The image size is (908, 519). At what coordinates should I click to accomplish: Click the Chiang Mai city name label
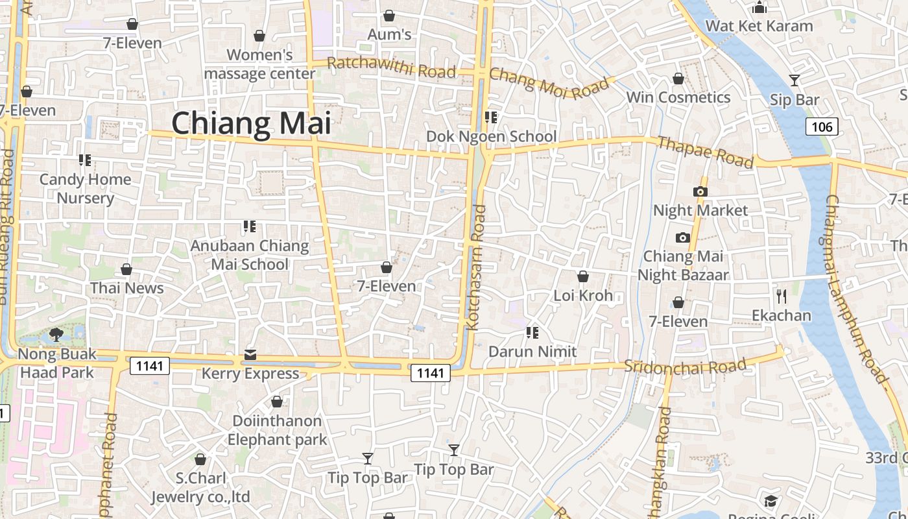[x=251, y=123]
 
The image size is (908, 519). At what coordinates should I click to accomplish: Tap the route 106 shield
[x=822, y=126]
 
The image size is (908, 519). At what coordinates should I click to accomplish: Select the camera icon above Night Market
[x=700, y=191]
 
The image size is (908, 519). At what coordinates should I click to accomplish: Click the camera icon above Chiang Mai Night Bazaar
[x=682, y=237]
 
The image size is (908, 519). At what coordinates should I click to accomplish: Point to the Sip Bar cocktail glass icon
[x=794, y=80]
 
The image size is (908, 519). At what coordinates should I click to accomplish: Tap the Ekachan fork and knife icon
[x=781, y=296]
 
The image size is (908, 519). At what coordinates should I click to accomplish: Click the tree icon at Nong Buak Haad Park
[x=56, y=335]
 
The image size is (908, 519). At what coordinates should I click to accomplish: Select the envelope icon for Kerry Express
[x=250, y=355]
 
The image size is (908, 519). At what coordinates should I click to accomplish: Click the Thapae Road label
[x=705, y=152]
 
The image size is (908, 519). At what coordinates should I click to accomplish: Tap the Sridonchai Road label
[x=685, y=366]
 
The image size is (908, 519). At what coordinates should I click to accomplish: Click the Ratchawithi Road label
[x=391, y=67]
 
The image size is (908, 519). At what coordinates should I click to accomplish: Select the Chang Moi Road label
[x=549, y=83]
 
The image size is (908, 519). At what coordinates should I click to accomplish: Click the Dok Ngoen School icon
[x=491, y=117]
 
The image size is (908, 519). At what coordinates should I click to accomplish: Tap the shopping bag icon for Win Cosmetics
[x=678, y=78]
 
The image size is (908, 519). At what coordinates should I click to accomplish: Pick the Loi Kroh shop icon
[x=582, y=276]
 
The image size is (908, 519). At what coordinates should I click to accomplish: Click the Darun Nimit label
[x=532, y=352]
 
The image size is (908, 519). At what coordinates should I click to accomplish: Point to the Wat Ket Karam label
[x=759, y=26]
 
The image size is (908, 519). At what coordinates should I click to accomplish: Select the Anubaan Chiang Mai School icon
[x=249, y=226]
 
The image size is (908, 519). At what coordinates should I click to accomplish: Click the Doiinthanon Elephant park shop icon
[x=276, y=402]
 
